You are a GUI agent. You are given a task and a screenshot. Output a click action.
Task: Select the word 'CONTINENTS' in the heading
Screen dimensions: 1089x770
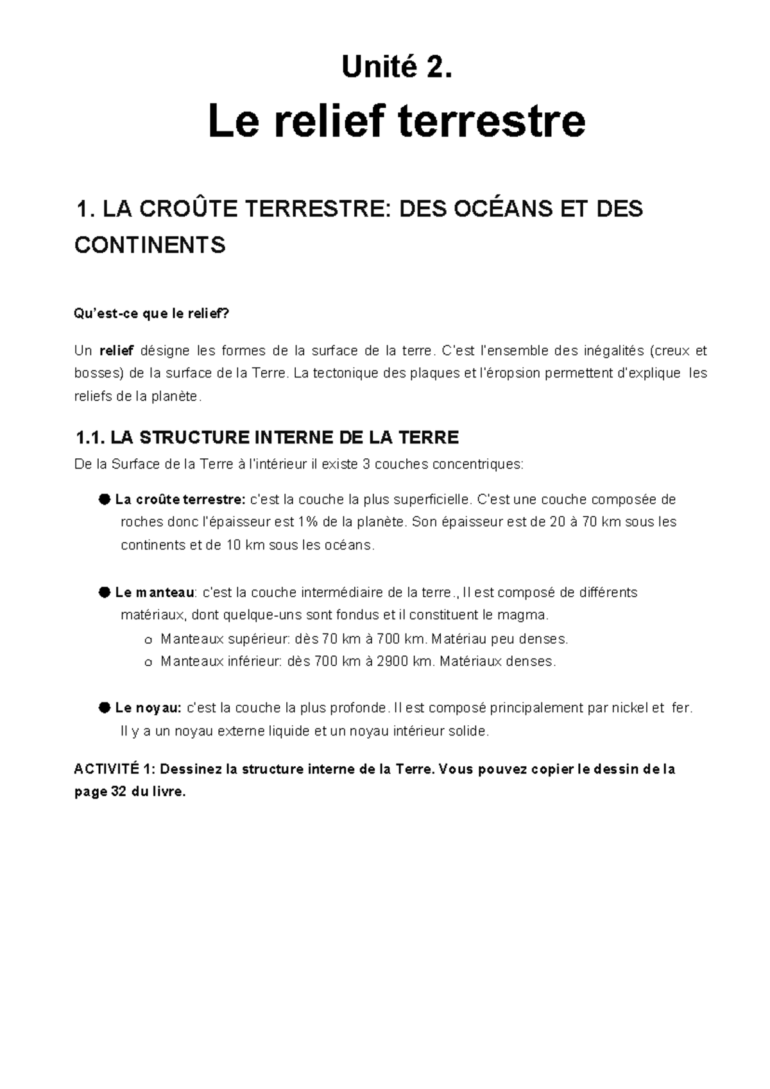(x=150, y=245)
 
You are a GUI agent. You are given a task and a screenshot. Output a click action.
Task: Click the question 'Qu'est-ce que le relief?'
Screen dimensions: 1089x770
(x=151, y=314)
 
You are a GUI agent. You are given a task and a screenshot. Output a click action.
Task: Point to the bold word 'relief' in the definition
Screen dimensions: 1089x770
(x=116, y=350)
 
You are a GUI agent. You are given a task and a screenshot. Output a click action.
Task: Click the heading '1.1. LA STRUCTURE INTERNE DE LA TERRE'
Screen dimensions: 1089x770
(x=267, y=438)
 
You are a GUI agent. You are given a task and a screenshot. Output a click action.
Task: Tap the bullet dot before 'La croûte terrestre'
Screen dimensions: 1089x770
(x=104, y=499)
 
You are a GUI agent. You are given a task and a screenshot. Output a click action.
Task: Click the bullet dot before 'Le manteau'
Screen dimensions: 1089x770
(x=104, y=592)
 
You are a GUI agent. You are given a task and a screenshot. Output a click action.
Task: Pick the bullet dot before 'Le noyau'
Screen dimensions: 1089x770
(x=104, y=708)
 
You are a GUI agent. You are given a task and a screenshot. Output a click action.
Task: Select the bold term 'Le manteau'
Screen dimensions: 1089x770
(x=155, y=592)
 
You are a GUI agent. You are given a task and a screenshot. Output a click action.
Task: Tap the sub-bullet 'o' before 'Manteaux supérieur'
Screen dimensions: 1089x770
(x=148, y=640)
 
